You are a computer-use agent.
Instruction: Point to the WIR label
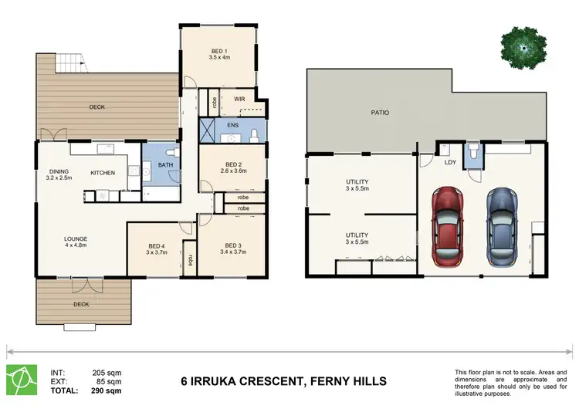pos(239,100)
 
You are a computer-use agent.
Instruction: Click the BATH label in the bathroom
pos(165,164)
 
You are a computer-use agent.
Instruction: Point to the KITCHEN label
pos(103,172)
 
